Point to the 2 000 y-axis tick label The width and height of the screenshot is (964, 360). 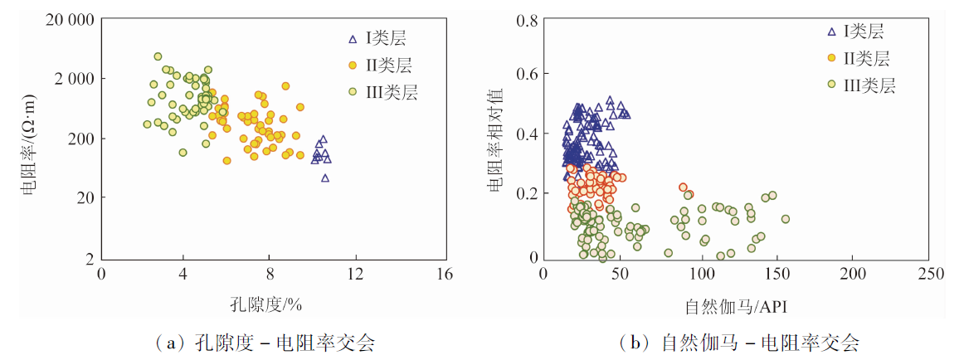(70, 79)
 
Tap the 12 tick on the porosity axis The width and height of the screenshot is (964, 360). (356, 275)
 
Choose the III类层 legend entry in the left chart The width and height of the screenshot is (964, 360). (381, 91)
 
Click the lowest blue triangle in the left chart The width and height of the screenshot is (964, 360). (325, 178)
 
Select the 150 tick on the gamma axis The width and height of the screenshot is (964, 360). (777, 275)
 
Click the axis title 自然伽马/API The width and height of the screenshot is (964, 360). (733, 306)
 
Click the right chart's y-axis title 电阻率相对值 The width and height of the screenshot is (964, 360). (496, 139)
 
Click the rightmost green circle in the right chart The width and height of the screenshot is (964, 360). (785, 219)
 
